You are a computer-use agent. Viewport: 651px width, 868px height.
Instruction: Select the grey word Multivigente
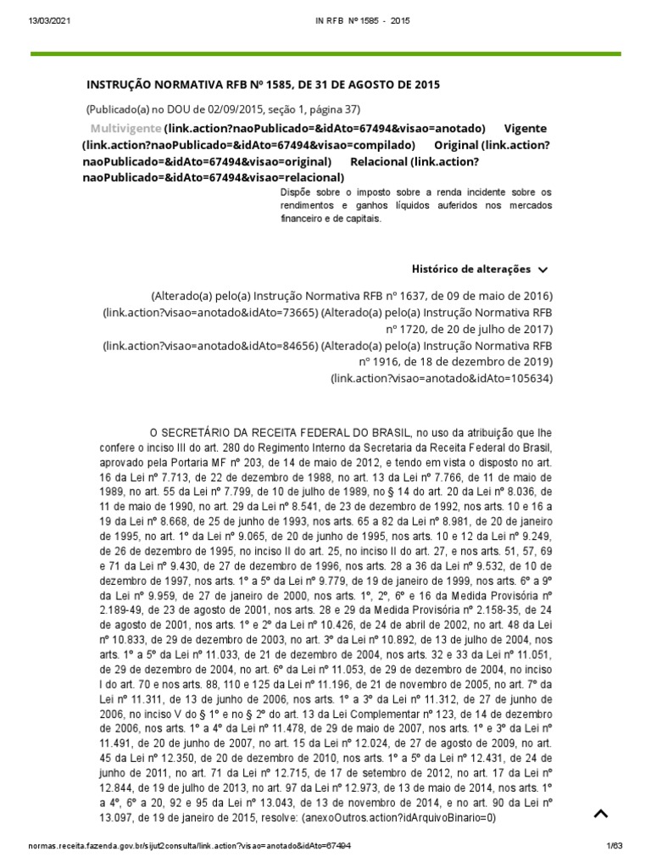[125, 128]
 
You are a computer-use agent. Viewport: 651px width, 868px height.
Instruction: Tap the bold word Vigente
[526, 128]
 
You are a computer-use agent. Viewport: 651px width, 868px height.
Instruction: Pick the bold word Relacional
[378, 161]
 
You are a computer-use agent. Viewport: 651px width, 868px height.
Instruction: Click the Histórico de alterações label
[471, 270]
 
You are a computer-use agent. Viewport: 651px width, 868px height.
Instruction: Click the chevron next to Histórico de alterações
[543, 270]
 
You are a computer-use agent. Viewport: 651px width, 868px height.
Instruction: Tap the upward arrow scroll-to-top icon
[600, 815]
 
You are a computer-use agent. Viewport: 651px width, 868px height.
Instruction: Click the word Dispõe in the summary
[296, 192]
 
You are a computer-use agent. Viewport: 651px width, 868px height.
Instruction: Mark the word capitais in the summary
[364, 218]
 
